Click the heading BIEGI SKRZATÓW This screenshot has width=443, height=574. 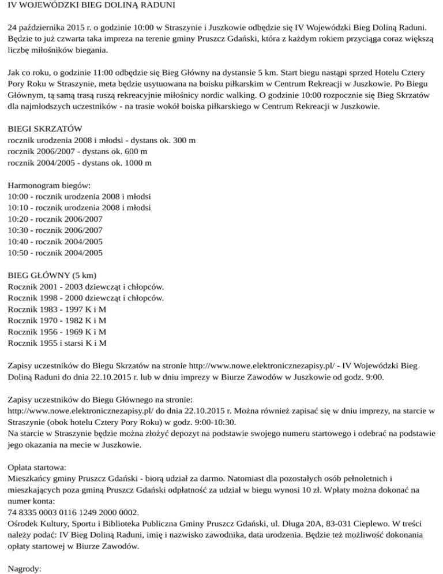pos(44,129)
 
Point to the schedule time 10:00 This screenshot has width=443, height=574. pos(17,197)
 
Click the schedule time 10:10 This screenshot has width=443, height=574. pos(17,208)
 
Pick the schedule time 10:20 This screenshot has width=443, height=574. pos(17,219)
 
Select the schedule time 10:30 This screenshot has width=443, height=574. pos(17,230)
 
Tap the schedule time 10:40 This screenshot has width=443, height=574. pos(17,241)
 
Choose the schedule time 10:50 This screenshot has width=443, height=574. pos(17,252)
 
